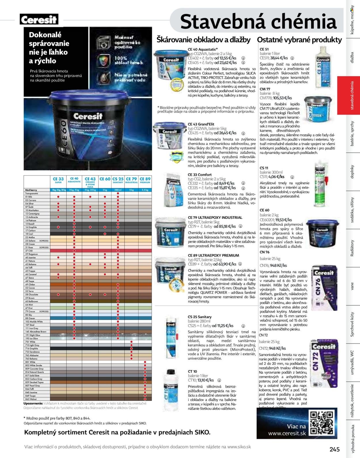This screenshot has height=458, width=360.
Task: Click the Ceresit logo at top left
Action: click(39, 20)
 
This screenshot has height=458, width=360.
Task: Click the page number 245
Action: click(335, 449)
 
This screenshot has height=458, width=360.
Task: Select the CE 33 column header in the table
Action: click(58, 180)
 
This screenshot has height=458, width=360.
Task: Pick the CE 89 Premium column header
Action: click(145, 180)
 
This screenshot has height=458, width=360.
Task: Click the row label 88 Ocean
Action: click(30, 318)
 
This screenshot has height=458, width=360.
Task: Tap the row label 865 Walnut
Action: click(31, 399)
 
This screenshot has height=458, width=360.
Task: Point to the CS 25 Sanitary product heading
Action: click(200, 317)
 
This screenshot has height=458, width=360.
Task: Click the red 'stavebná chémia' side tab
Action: click(352, 95)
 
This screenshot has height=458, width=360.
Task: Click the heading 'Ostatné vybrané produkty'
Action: click(299, 40)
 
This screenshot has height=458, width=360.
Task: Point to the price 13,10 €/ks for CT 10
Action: click(206, 380)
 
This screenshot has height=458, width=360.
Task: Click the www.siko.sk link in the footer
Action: click(239, 447)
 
